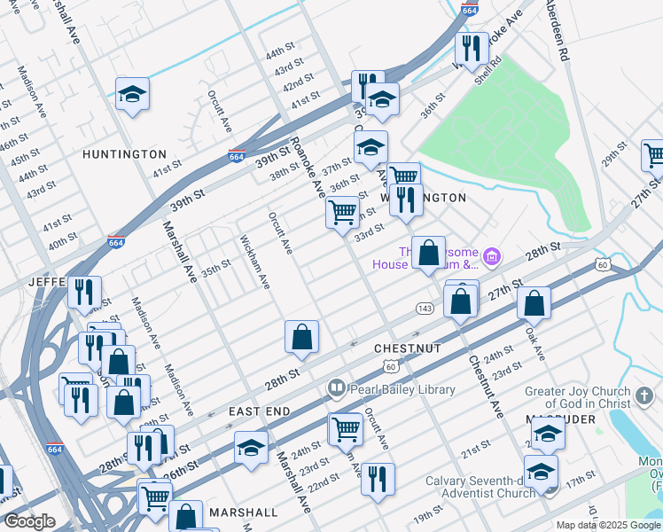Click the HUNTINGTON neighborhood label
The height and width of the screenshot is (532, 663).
tap(124, 154)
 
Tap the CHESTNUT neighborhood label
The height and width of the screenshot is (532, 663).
tap(407, 349)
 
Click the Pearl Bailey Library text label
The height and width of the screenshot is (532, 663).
tap(401, 389)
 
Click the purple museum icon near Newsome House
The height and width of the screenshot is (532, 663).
tap(492, 258)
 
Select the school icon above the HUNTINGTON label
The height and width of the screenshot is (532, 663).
tap(132, 95)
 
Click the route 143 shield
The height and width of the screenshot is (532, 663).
tap(425, 307)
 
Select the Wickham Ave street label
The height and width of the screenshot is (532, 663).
tap(254, 262)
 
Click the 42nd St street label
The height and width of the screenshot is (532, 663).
tap(295, 87)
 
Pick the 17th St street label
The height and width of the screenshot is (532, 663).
tap(581, 478)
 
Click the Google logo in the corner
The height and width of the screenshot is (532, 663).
tap(30, 521)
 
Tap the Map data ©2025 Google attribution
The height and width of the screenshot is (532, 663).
tap(608, 525)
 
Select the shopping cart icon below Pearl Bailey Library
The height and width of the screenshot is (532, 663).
tap(345, 429)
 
